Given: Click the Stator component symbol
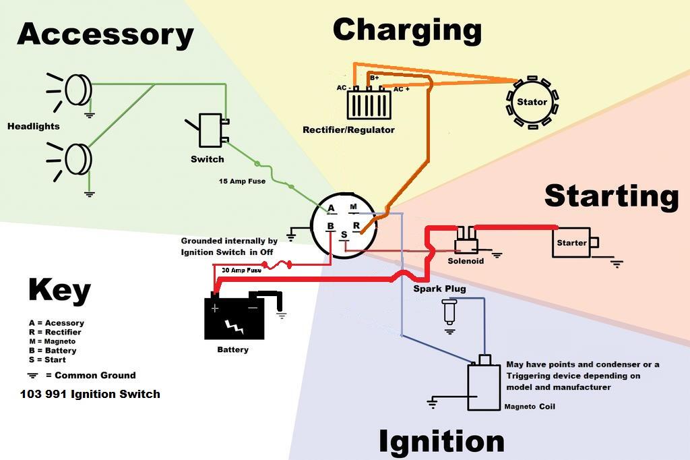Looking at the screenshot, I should [x=532, y=103].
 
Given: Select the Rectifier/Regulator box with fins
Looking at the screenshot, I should [x=369, y=105].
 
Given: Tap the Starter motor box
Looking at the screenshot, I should [x=571, y=243].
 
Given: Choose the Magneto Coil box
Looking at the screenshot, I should [x=484, y=385].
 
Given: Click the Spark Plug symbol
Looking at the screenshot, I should [x=449, y=312].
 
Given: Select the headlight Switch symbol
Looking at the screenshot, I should [x=210, y=130].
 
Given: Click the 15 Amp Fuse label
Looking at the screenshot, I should [x=242, y=181].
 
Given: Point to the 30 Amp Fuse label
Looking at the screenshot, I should [x=242, y=270].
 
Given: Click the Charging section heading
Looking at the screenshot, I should [x=407, y=30].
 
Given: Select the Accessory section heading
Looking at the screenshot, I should [x=105, y=34].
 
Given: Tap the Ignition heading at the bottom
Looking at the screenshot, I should [x=441, y=442].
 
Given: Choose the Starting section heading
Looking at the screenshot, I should [x=611, y=196].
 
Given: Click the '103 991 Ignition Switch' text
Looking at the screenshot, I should [x=90, y=394].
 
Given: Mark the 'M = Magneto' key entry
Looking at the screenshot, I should [x=52, y=341].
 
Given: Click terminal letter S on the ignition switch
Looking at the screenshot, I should [x=343, y=235].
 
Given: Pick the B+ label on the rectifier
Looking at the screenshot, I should [x=375, y=78].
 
